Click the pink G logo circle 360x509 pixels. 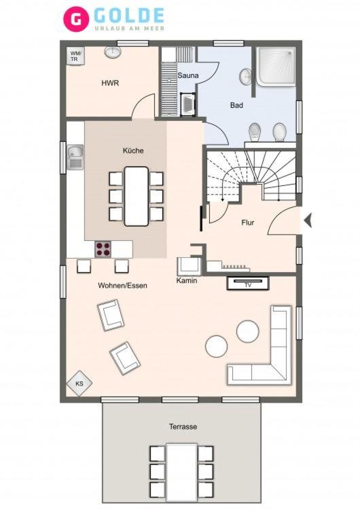(76, 19)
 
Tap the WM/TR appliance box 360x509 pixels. (75, 56)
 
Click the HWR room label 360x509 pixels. (110, 83)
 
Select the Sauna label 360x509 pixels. (187, 75)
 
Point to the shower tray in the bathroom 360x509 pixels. (276, 67)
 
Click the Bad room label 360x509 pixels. (236, 105)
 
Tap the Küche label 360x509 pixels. (133, 151)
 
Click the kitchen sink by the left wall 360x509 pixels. (75, 157)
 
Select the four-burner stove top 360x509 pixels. (103, 249)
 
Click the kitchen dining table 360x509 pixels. (137, 196)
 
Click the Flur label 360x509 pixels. (247, 223)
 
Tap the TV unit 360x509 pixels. (248, 283)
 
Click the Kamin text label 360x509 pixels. (187, 280)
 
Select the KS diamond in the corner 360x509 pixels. (79, 383)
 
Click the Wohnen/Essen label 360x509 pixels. (122, 286)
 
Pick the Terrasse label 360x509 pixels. (183, 427)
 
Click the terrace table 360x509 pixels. (181, 476)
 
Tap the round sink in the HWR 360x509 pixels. (113, 52)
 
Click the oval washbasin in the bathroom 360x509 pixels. (246, 77)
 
